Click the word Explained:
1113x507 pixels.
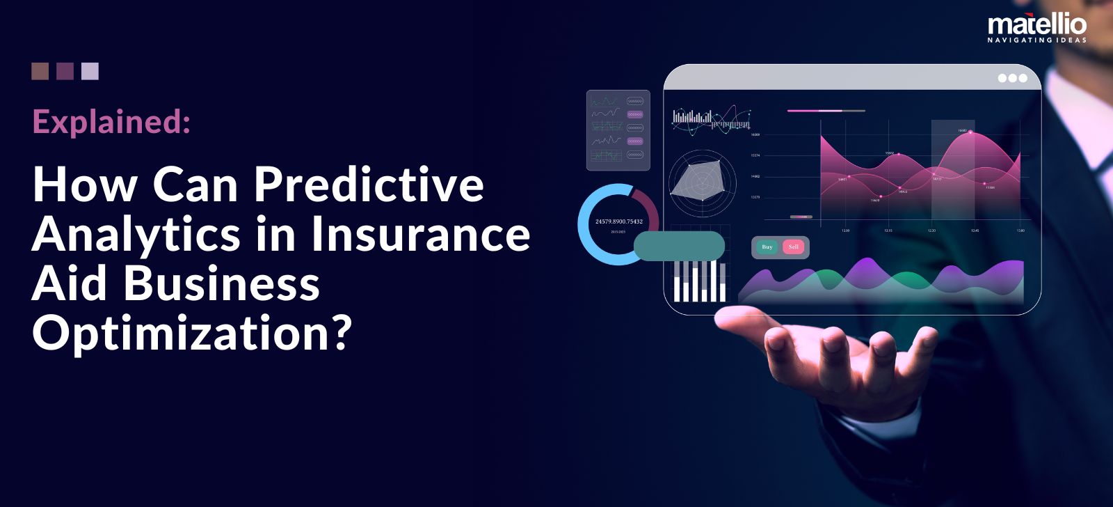pyautogui.click(x=111, y=123)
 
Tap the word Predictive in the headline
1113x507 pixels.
pyautogui.click(x=369, y=185)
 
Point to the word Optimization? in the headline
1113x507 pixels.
pyautogui.click(x=191, y=333)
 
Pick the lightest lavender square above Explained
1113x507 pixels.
pyautogui.click(x=90, y=71)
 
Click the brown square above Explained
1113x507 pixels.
pyautogui.click(x=40, y=71)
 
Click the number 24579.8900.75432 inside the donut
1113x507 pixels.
pyautogui.click(x=618, y=221)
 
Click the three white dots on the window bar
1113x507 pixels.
pyautogui.click(x=1012, y=78)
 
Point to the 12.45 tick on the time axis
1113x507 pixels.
pyautogui.click(x=975, y=231)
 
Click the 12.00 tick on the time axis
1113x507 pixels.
pyautogui.click(x=845, y=231)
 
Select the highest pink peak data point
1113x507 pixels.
pyautogui.click(x=970, y=132)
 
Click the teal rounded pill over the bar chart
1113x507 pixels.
pyautogui.click(x=679, y=247)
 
